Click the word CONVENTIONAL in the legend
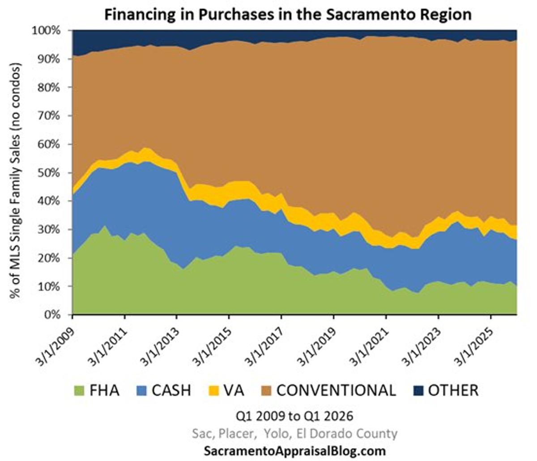coord(336,390)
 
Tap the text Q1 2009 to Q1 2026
coord(294,416)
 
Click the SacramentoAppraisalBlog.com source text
coord(294,450)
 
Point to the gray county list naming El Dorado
coord(294,433)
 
